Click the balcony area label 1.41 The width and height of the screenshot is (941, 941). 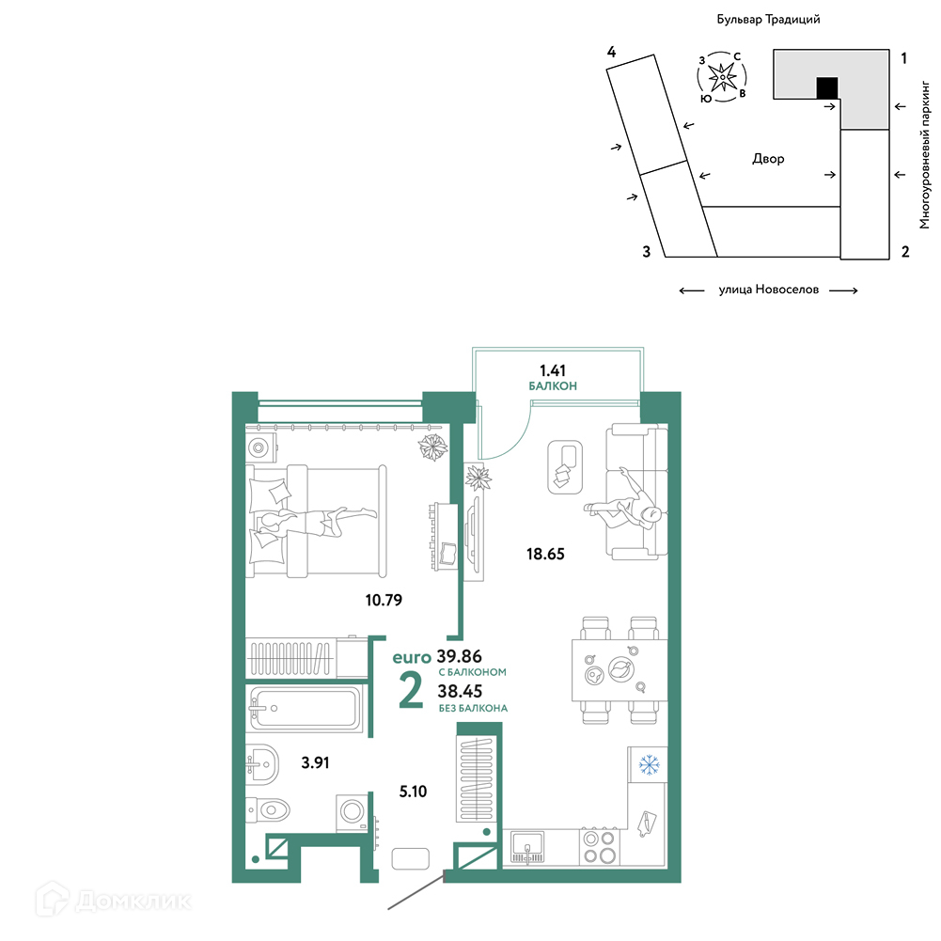click(x=552, y=370)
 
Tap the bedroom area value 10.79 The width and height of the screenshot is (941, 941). click(x=384, y=600)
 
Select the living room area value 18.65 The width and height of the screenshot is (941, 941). click(x=545, y=554)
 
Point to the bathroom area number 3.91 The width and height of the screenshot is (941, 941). click(x=315, y=762)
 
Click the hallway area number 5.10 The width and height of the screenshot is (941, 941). click(x=413, y=792)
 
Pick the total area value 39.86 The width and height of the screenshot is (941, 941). click(x=459, y=656)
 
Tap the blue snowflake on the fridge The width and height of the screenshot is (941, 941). click(x=649, y=765)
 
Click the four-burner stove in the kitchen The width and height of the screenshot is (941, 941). click(x=600, y=847)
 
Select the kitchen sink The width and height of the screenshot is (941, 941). click(x=527, y=847)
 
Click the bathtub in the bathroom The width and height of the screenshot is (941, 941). click(x=305, y=708)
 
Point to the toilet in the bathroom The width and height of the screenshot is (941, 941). click(x=268, y=810)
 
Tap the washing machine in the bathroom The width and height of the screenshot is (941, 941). click(x=351, y=812)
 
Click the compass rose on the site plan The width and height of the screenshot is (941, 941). click(x=722, y=77)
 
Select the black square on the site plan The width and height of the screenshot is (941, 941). click(x=827, y=88)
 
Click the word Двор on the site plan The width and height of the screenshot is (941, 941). click(x=768, y=159)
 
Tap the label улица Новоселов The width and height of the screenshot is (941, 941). click(x=769, y=290)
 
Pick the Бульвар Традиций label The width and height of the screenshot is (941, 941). click(x=768, y=19)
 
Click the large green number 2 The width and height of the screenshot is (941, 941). click(x=411, y=690)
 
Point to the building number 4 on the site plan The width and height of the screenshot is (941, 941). click(x=611, y=52)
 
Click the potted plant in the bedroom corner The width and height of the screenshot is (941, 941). click(x=432, y=447)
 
